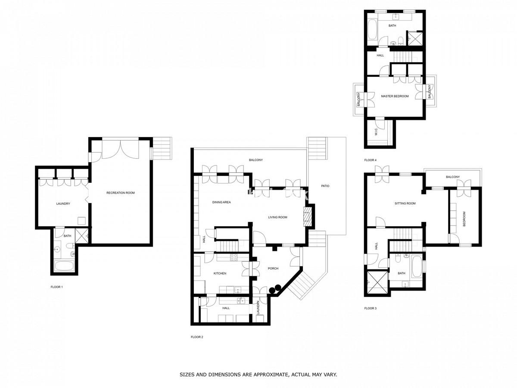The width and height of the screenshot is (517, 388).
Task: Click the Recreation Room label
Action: [x=120, y=193]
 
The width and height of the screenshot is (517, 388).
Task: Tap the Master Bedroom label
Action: [x=395, y=96]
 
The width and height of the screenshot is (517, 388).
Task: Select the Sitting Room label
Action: [x=405, y=203]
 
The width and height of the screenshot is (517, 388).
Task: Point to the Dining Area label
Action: [x=221, y=202]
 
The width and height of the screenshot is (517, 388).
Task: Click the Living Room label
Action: [x=277, y=217]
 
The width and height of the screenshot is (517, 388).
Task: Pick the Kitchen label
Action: [x=220, y=273]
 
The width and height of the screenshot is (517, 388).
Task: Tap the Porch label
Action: [x=273, y=268]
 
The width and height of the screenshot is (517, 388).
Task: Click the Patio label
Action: [x=325, y=186]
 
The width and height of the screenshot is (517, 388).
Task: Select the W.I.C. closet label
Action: [x=376, y=131]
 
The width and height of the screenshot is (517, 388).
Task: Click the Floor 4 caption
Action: [x=370, y=160]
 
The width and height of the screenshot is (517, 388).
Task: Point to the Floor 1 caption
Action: [x=56, y=287]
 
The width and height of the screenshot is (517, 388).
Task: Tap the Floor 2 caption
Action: [x=196, y=337]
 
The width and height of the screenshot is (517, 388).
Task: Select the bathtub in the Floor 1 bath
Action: [x=64, y=266]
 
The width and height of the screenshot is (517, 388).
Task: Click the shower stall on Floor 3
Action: [x=377, y=282]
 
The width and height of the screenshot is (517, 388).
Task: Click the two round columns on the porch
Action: [x=275, y=289]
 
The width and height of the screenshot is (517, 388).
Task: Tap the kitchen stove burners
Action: [x=234, y=257]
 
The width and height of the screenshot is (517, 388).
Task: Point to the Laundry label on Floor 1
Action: [x=63, y=203]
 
